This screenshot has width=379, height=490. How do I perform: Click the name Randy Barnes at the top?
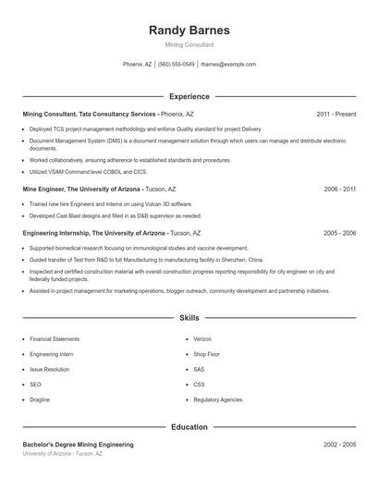point(189,30)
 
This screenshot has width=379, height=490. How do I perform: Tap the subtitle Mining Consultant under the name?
point(189,44)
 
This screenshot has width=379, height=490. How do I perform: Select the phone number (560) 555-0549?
point(176,65)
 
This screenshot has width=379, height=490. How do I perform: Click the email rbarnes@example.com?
point(227,65)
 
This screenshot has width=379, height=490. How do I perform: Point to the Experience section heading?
point(189,96)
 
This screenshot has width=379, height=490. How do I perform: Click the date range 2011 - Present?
point(336,114)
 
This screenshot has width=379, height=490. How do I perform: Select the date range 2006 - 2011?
point(339,189)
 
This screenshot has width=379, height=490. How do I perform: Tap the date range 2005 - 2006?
point(339,233)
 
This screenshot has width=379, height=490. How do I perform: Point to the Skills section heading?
point(189,317)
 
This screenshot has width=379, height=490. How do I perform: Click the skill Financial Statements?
point(55,339)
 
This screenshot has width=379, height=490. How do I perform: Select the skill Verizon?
point(202,339)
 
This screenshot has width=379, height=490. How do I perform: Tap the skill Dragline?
point(41,399)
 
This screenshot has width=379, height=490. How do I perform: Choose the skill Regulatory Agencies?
point(217,399)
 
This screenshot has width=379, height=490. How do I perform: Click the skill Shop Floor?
point(206,354)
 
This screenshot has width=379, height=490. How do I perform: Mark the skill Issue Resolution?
point(49,369)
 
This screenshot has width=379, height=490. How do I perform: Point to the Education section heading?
point(189,427)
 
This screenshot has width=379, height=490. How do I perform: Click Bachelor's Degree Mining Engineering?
point(78,445)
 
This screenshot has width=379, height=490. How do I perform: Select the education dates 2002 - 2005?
point(339,445)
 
